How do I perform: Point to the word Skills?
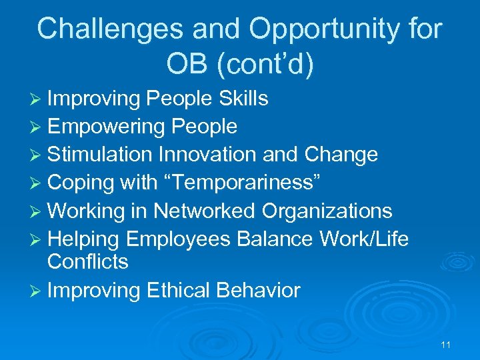243,99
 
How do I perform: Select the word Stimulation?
100,155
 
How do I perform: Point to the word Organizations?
327,211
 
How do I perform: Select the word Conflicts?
87,261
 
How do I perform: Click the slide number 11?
446,345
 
